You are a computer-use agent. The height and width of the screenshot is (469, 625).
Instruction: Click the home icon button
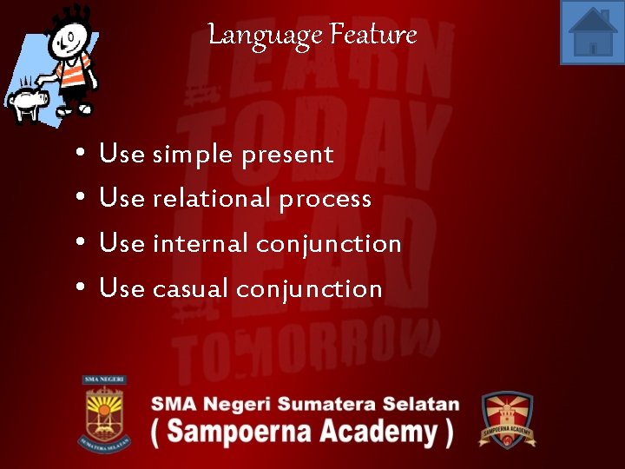coord(592,32)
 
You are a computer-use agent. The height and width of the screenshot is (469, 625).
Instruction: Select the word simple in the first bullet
coord(193,155)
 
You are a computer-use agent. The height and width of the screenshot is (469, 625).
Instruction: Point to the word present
coord(287,155)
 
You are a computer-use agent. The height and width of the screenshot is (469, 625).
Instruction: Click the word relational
coord(212,199)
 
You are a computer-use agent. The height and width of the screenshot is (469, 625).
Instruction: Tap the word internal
coord(201,244)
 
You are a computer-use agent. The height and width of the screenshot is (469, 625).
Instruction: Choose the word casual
coord(190,288)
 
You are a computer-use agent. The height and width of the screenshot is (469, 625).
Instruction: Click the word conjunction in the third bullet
coord(329,245)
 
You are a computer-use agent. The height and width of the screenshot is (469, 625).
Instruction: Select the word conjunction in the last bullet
coord(310,289)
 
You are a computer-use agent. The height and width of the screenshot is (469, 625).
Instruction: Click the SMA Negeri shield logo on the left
coord(105,413)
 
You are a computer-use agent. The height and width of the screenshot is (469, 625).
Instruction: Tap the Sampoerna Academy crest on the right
coord(508,419)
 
